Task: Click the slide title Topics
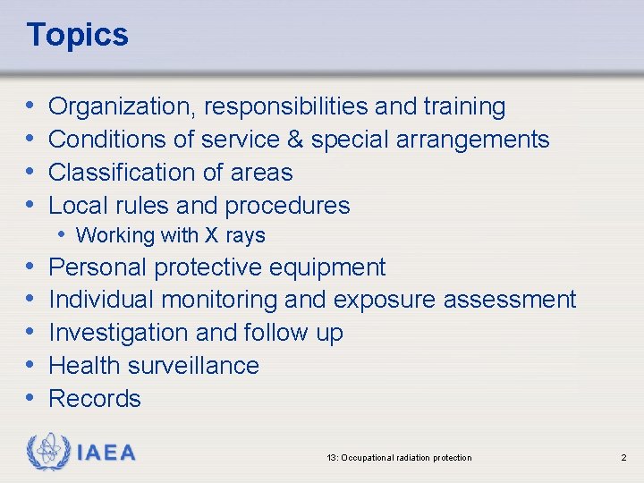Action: pos(78,35)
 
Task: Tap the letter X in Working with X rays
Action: pos(211,236)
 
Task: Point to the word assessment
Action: pos(510,300)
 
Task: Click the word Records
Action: pos(95,398)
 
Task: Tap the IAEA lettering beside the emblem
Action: pos(107,453)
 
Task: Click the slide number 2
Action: pos(623,458)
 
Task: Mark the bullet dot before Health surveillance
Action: pos(31,365)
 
